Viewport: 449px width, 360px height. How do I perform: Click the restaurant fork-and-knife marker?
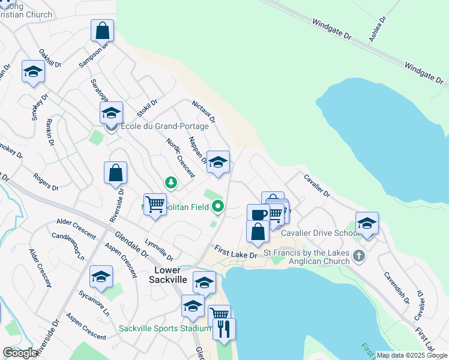(x=224, y=329)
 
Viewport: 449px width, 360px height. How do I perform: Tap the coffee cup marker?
(x=259, y=215)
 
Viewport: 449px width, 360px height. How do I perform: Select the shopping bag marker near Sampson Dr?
(x=103, y=31)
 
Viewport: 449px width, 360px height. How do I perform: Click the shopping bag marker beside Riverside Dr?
(x=115, y=173)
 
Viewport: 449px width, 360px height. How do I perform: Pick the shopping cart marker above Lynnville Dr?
(x=155, y=205)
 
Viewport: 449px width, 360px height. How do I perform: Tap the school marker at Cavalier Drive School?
(x=367, y=224)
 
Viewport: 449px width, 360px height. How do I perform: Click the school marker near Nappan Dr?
(x=218, y=162)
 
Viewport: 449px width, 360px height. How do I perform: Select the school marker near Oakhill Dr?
(x=34, y=72)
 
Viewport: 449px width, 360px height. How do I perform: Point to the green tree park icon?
(x=171, y=181)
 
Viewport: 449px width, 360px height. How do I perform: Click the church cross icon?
(x=359, y=256)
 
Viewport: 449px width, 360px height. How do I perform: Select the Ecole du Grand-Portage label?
(x=164, y=127)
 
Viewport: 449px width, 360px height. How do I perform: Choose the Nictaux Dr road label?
(x=203, y=112)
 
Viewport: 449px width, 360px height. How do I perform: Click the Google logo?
(x=20, y=353)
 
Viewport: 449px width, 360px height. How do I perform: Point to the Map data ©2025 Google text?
(x=412, y=355)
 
